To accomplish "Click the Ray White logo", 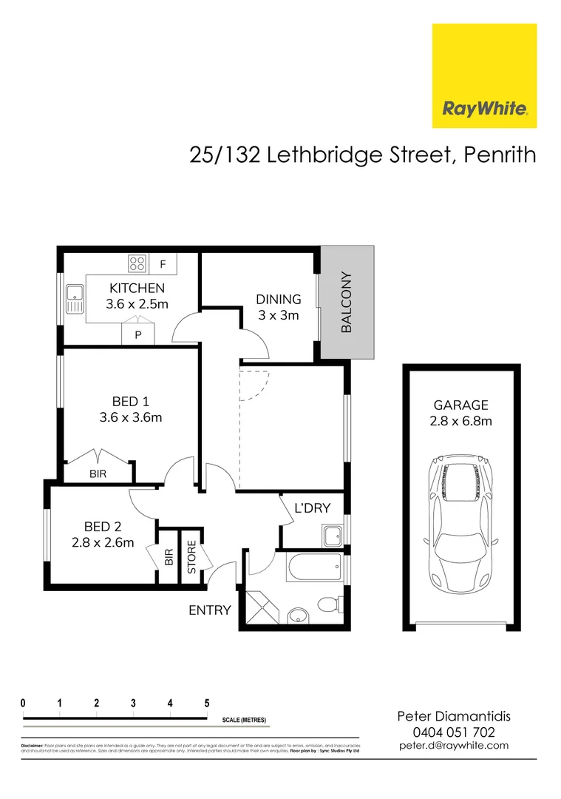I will (484, 75).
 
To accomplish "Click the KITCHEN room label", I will (137, 288).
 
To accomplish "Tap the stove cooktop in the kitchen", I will (137, 263).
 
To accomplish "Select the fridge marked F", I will (163, 263).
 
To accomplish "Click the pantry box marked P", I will (137, 334).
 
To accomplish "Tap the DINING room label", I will (279, 300).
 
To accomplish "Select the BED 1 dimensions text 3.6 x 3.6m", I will (131, 417).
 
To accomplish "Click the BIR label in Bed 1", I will (98, 474).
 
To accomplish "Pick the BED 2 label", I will (103, 527).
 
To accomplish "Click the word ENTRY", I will (210, 610).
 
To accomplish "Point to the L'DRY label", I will (313, 508).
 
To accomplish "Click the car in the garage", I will (460, 524).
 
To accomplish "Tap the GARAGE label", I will (460, 405).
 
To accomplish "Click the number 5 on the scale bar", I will (207, 704).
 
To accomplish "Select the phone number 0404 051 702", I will (454, 732).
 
